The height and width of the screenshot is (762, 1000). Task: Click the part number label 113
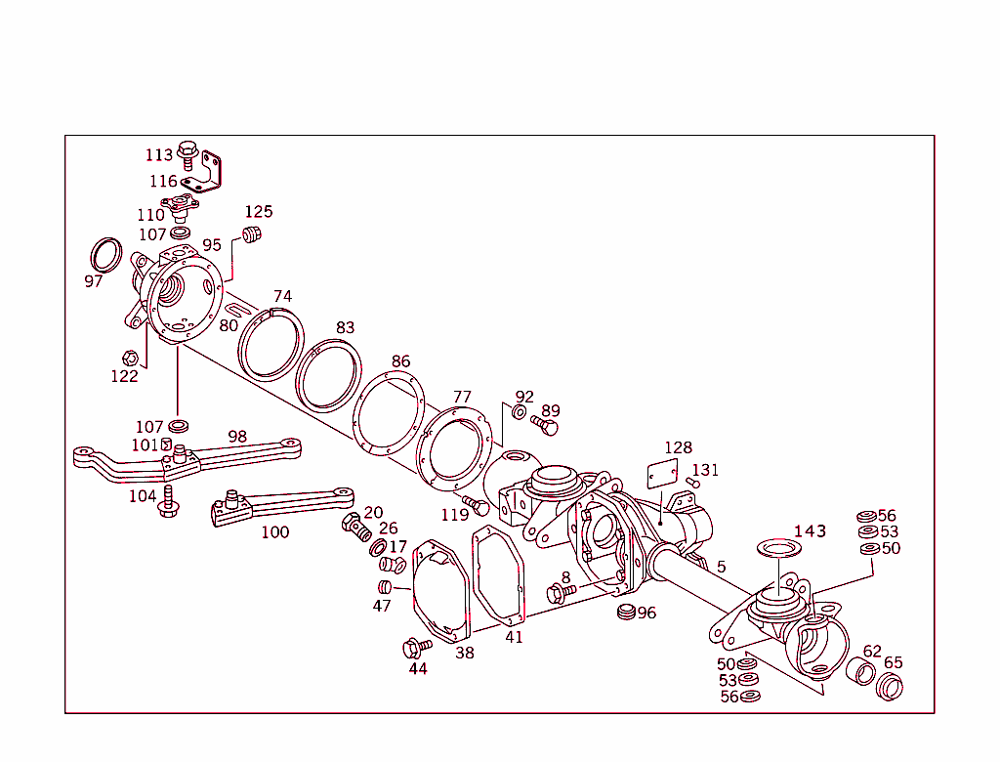(x=159, y=155)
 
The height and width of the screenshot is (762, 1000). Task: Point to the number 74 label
(x=282, y=296)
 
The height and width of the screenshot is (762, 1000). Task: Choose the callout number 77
(x=462, y=397)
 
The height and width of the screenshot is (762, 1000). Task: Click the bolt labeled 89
(x=547, y=427)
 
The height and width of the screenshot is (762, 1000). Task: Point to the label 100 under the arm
(x=275, y=532)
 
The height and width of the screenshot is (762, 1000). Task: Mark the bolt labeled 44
(x=414, y=648)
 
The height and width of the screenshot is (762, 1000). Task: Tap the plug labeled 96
(x=625, y=613)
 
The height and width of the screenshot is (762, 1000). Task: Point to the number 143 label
(x=810, y=531)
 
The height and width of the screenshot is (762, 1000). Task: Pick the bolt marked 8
(x=560, y=591)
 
